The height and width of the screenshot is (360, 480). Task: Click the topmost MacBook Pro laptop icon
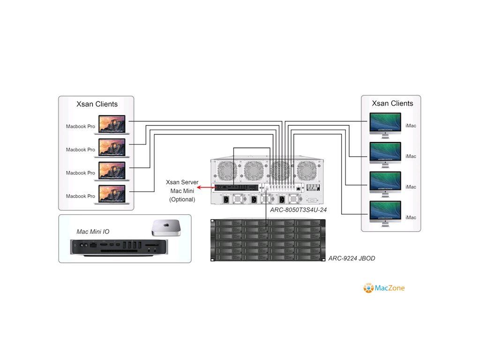[112, 125]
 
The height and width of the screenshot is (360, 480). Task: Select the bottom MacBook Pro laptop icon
[112, 195]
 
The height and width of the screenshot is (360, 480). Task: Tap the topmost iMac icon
[385, 125]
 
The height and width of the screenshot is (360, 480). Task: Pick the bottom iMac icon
[385, 214]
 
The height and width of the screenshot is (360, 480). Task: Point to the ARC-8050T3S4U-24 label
[298, 210]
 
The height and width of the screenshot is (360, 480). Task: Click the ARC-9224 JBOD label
[352, 258]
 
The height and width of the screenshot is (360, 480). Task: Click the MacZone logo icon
[368, 288]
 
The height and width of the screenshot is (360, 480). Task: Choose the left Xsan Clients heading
[97, 104]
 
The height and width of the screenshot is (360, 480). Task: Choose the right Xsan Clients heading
[392, 103]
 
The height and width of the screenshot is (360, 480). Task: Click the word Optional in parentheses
[182, 199]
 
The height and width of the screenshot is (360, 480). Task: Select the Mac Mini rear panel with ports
[119, 247]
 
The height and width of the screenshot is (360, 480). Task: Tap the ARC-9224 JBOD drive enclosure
[267, 240]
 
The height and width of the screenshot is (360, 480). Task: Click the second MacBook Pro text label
[80, 150]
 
